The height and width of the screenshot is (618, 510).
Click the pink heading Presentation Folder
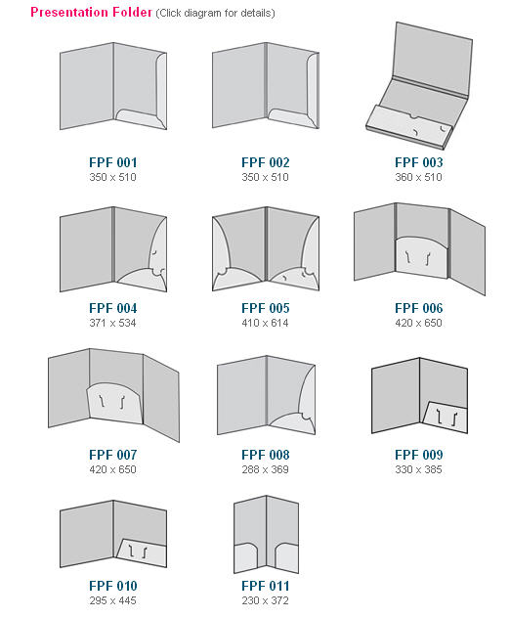click(x=91, y=13)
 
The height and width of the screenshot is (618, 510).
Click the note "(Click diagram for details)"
click(x=215, y=14)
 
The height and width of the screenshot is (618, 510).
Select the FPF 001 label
click(x=112, y=162)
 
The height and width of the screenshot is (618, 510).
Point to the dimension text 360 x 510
click(x=418, y=177)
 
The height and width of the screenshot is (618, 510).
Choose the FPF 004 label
click(x=112, y=308)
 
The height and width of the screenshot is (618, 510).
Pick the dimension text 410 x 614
click(x=265, y=323)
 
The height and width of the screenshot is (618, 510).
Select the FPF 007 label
click(x=112, y=455)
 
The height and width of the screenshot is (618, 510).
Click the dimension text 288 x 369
click(x=265, y=469)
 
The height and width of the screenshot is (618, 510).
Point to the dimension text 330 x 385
click(x=418, y=469)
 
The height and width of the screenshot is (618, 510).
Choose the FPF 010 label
click(x=112, y=586)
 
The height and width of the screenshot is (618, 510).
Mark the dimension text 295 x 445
click(x=112, y=600)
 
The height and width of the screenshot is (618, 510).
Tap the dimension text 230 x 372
click(x=265, y=600)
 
